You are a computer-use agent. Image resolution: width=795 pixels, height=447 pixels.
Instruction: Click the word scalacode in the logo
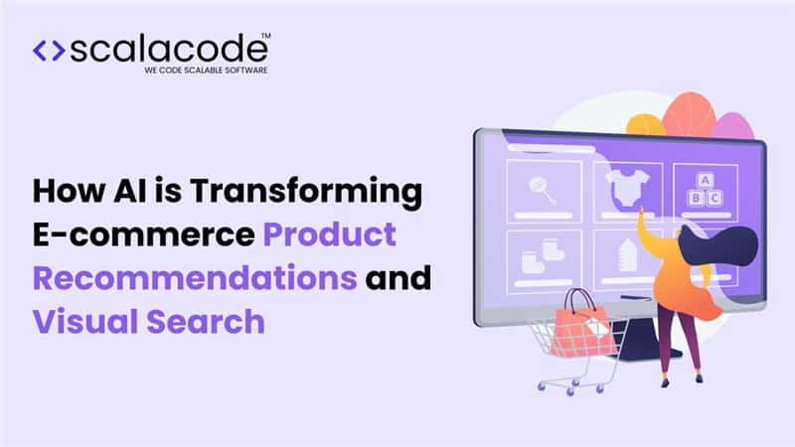coord(168,51)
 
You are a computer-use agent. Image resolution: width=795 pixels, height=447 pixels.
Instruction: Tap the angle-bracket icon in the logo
coord(48,52)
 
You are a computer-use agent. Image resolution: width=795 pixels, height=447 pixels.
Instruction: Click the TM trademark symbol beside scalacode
coord(265,37)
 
